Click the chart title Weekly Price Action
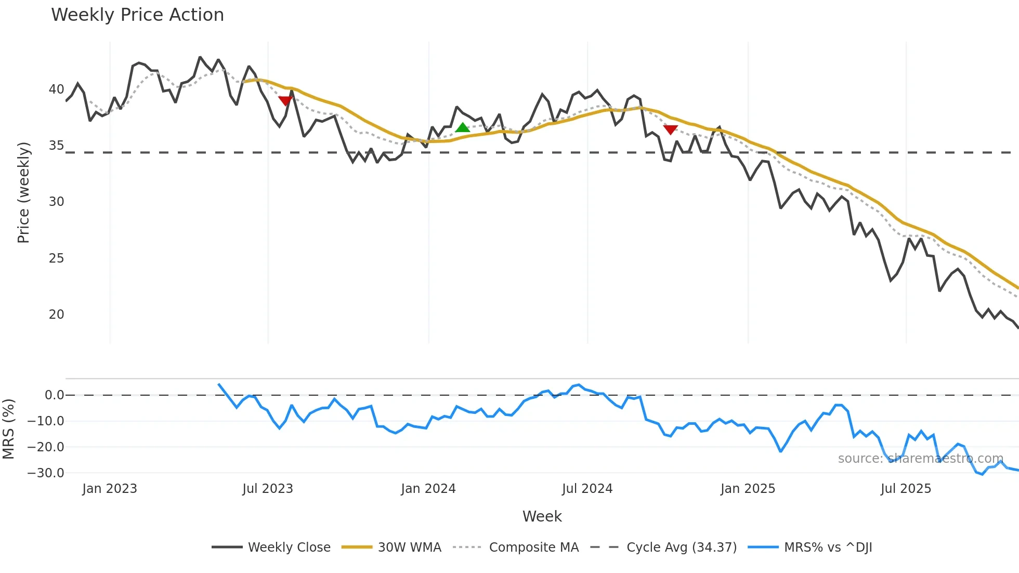click(137, 15)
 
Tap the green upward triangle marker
click(462, 127)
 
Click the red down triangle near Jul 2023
click(285, 100)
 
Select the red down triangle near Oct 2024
click(670, 129)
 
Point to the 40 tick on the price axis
click(56, 89)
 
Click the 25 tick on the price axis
click(56, 258)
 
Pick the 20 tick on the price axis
click(56, 315)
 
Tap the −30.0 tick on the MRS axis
click(46, 473)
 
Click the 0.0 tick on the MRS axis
click(54, 395)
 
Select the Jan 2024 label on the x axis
click(428, 489)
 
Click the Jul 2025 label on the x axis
click(906, 489)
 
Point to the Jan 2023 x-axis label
click(110, 489)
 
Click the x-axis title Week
click(542, 516)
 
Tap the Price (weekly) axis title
click(23, 192)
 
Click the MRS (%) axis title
click(8, 429)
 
